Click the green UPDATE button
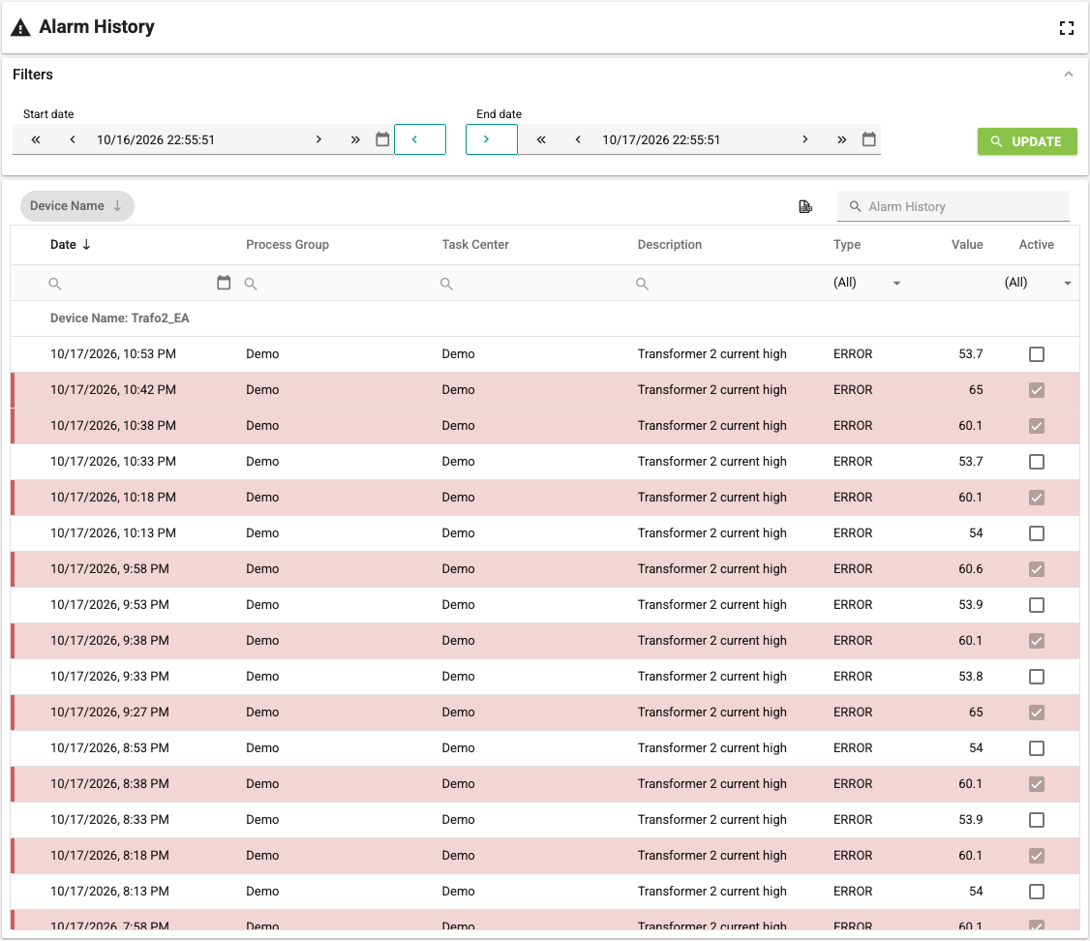click(x=1027, y=141)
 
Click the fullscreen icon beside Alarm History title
click(x=1067, y=28)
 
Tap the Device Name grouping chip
click(x=76, y=205)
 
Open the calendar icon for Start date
click(x=382, y=139)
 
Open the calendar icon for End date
click(x=869, y=139)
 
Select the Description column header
click(x=670, y=245)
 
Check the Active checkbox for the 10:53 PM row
click(x=1037, y=354)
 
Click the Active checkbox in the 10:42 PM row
click(x=1037, y=390)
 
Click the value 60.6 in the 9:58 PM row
click(x=970, y=568)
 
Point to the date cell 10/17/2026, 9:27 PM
click(x=109, y=712)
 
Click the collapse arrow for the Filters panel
click(x=1069, y=75)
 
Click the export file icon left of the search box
click(x=805, y=206)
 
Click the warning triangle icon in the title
click(x=21, y=27)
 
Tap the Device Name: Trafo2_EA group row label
click(x=120, y=319)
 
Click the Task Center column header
click(x=475, y=245)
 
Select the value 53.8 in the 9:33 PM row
click(x=970, y=676)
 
